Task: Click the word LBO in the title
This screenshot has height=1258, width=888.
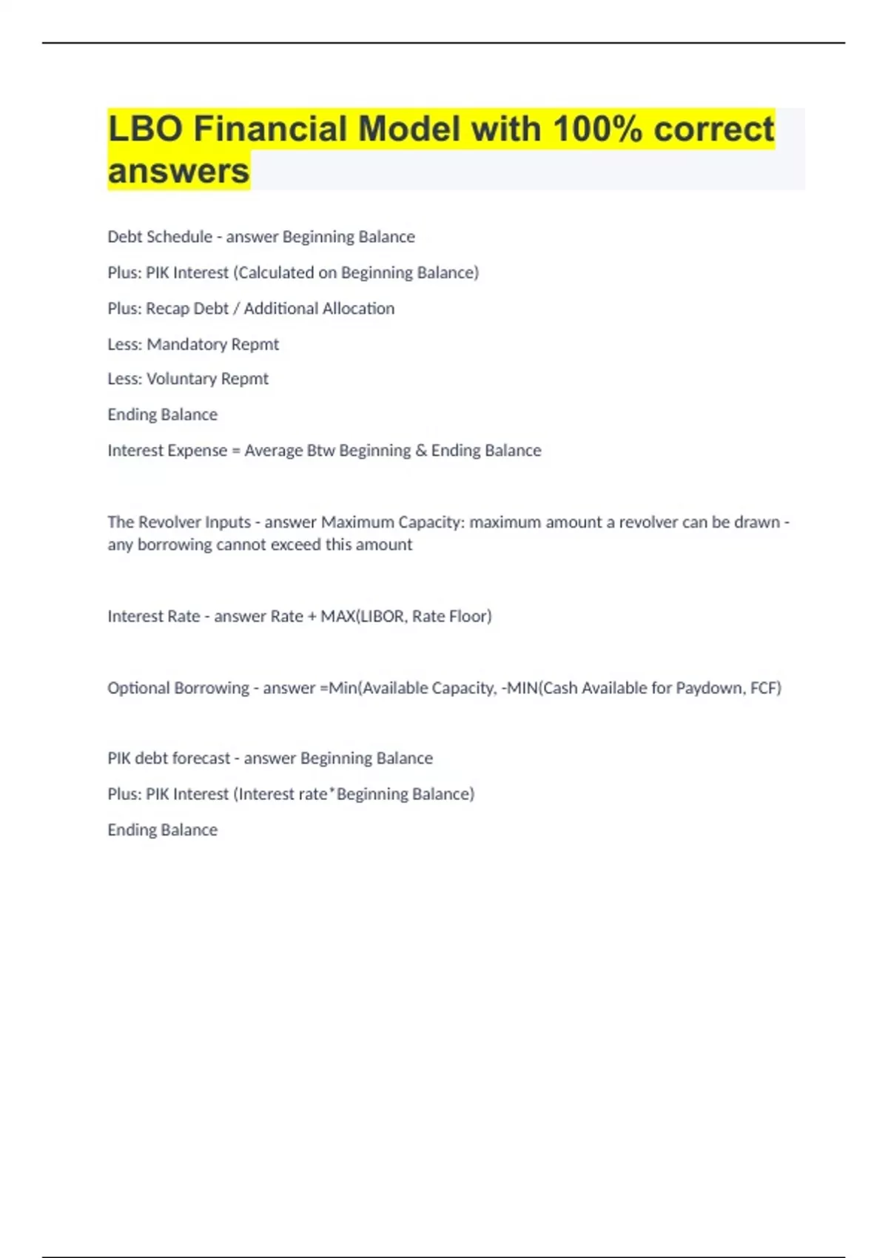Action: [145, 129]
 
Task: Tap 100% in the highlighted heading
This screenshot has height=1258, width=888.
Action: [597, 129]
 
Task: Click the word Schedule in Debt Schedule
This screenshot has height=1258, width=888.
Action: [183, 237]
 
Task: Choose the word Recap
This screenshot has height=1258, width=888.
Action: [167, 309]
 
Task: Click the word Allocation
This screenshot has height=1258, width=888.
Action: [358, 309]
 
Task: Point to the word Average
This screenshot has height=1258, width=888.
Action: [273, 451]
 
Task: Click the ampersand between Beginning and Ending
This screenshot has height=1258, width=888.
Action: [421, 451]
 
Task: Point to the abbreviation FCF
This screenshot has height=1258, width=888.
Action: [764, 688]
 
